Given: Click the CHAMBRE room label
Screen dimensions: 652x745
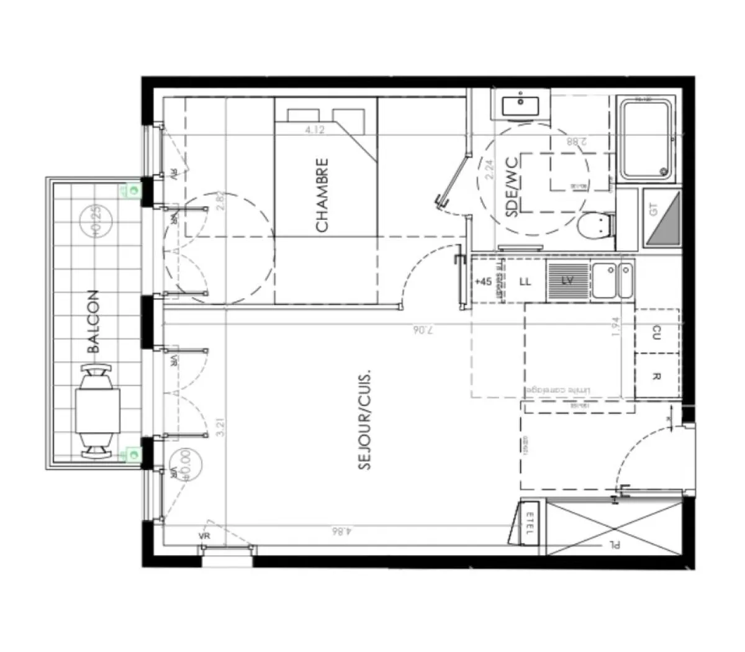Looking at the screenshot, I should point(322,196).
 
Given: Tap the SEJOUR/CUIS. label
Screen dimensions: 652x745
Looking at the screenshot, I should point(365,420).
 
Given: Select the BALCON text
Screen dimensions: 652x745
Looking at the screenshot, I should point(93,321).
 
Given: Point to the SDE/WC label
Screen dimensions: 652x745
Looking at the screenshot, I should point(512,194).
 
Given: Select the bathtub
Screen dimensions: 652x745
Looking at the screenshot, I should point(646,139).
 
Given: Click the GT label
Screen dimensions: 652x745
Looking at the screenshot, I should point(653,210).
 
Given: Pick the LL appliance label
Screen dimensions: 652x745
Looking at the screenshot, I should point(525,281).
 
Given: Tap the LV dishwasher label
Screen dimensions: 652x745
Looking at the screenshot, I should point(567,281).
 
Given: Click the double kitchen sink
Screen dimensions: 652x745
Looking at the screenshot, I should point(612,281).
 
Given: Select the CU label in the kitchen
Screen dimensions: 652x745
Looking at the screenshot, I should point(657,333).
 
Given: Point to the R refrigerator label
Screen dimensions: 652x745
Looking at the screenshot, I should point(657,376).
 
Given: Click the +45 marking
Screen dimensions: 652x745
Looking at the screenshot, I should point(483,281).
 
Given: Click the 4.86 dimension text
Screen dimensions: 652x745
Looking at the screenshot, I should point(340,532).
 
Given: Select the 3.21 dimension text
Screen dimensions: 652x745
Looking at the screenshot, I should point(220,427).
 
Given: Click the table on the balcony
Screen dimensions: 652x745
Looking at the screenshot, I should point(97,411).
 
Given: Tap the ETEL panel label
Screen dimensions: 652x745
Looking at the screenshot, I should point(530,525).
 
